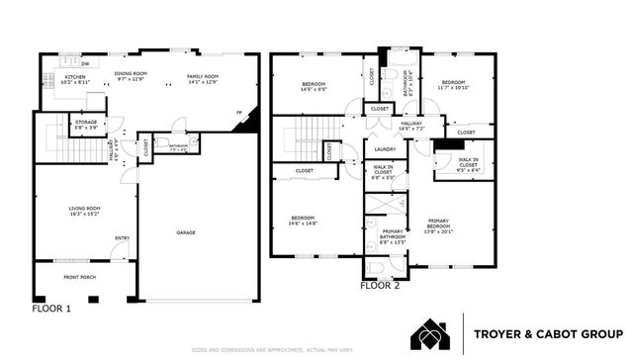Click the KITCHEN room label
76,78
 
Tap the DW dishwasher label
86,63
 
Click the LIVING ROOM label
84,209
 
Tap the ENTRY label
122,237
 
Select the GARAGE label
186,232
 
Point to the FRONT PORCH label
80,278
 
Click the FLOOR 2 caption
381,286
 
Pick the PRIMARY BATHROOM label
394,235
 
